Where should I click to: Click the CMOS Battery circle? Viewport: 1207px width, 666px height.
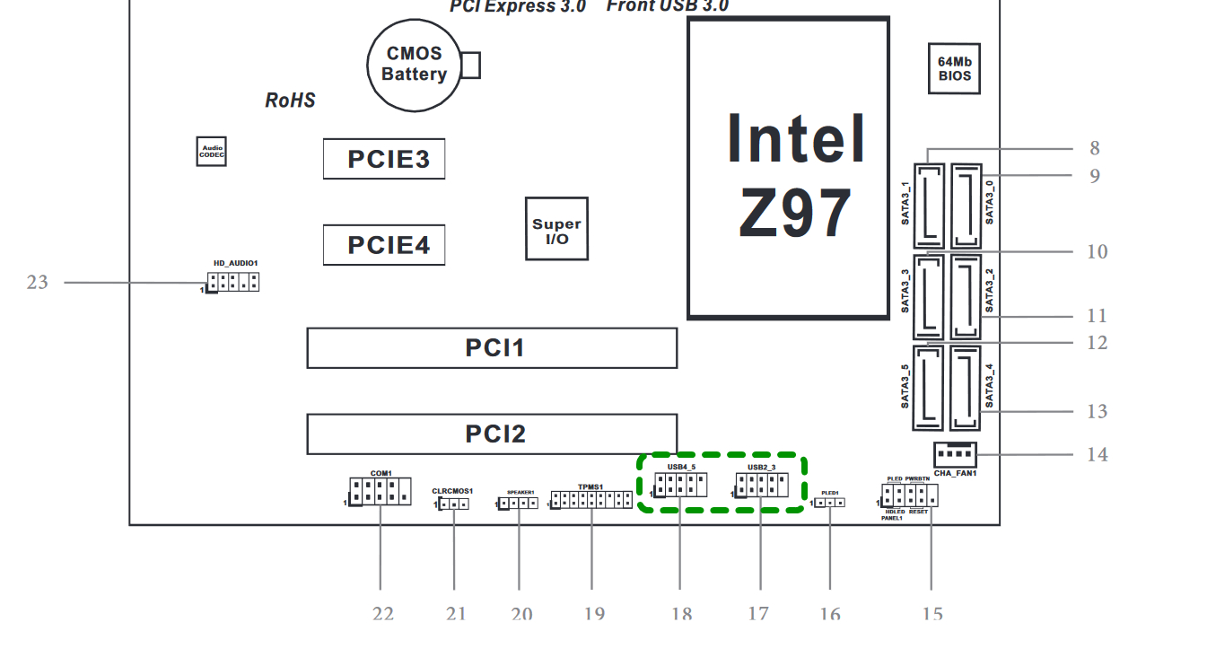click(414, 66)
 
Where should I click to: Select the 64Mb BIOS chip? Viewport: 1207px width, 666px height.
click(954, 69)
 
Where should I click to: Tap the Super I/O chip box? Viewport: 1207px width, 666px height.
click(556, 229)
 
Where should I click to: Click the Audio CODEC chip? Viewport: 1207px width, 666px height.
click(212, 152)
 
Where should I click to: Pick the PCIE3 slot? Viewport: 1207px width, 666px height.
click(384, 159)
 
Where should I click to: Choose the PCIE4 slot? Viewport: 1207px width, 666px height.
click(384, 244)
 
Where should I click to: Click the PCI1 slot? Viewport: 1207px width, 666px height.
click(492, 347)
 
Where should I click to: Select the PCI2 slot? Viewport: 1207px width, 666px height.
click(492, 434)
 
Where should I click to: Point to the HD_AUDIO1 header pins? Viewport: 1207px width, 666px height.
click(233, 282)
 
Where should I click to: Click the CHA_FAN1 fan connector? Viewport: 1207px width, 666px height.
click(955, 454)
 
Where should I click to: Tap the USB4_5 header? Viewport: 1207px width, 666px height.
click(680, 486)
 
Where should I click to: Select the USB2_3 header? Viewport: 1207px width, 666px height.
click(761, 486)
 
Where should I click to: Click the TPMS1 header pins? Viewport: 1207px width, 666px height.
click(591, 500)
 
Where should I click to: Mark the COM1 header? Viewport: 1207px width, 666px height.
click(380, 492)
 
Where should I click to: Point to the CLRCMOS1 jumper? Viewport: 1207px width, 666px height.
click(454, 504)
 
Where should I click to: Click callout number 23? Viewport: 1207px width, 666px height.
click(37, 283)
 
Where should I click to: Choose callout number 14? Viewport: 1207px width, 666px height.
click(1098, 454)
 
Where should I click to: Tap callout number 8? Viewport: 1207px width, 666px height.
click(1095, 148)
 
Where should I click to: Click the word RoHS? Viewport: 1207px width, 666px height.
click(290, 101)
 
